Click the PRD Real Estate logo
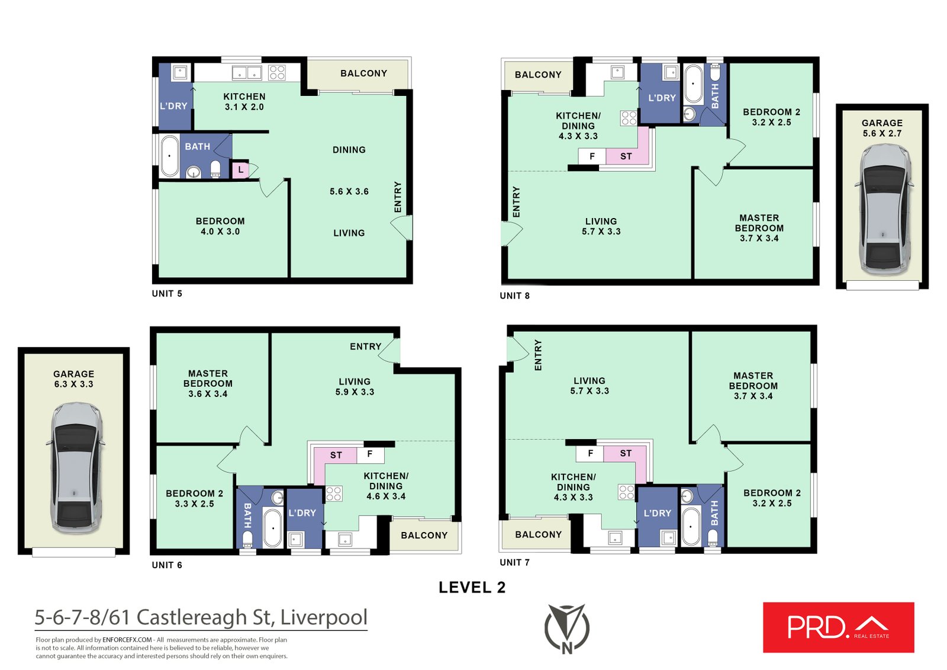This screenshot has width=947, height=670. pos(838,627)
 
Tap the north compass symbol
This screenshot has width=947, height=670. pos(566,629)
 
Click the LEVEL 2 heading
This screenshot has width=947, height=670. pos(472,587)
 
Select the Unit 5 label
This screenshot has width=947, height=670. pos(167,293)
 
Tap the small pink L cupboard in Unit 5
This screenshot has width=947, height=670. pos(240,170)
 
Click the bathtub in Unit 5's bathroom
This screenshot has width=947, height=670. pos(170,156)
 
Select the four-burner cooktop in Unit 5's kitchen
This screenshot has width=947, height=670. pos(277,73)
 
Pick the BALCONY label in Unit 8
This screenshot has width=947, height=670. pos(537,75)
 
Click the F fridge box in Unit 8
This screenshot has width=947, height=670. pos(592,156)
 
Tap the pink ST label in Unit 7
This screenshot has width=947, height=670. pos(626,453)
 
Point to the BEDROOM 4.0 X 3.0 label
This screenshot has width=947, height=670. pos(220,226)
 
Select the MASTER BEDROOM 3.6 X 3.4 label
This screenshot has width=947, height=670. pos(208,383)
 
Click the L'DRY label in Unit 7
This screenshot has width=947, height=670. pos(657,513)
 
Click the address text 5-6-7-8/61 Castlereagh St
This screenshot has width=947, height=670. pos(201,617)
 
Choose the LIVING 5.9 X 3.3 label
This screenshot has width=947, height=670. pos(355,386)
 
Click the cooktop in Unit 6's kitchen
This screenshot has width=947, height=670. pos(334,493)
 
